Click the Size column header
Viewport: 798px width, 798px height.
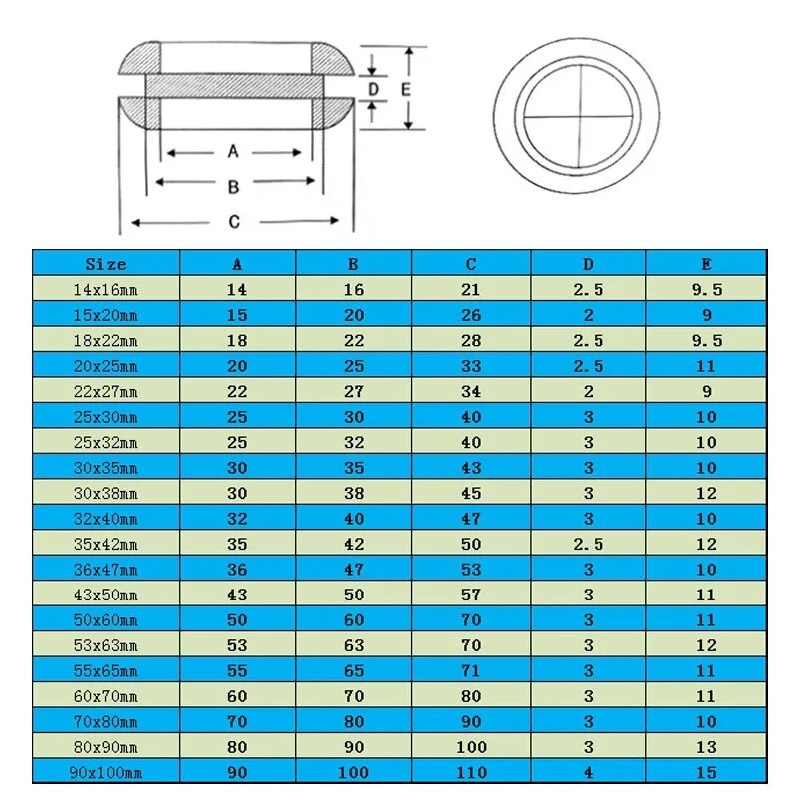[x=106, y=264]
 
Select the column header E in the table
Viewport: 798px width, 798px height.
[x=706, y=264]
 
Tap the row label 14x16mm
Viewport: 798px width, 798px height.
[x=106, y=290]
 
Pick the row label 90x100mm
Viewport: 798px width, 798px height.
[x=106, y=772]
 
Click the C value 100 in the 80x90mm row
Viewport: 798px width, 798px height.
[x=471, y=747]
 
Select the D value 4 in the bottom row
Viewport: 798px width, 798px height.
[x=588, y=772]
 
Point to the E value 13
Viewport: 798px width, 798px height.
[x=706, y=747]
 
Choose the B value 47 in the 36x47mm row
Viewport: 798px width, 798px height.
[x=354, y=570]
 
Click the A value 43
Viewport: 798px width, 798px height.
[x=237, y=595]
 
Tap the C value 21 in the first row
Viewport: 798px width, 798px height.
[x=471, y=290]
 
